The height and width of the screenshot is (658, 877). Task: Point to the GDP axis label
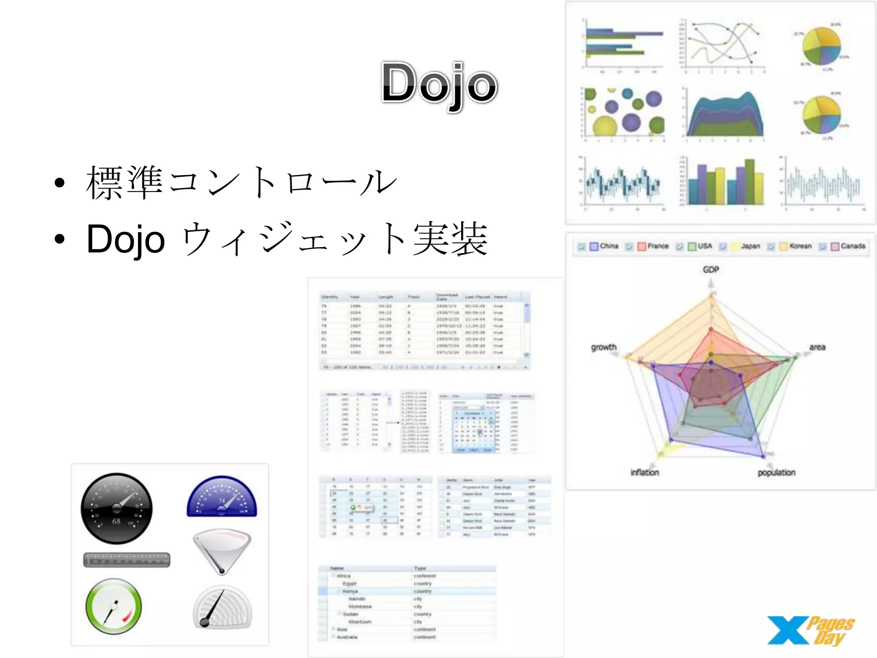coord(711,269)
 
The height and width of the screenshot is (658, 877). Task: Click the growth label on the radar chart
coord(604,347)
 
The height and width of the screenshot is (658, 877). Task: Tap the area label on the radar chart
coord(817,347)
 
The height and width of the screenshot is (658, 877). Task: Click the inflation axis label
coord(644,472)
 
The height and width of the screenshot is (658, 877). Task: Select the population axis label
coord(776,472)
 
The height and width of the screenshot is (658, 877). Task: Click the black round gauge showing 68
coord(116,508)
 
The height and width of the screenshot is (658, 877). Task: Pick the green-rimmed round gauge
coord(113,606)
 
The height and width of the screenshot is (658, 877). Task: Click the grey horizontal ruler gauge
coord(127,559)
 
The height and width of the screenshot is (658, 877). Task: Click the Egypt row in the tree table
coord(349,583)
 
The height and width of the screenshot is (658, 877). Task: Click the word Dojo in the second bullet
coord(125,239)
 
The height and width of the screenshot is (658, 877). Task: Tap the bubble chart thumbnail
coord(623,112)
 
